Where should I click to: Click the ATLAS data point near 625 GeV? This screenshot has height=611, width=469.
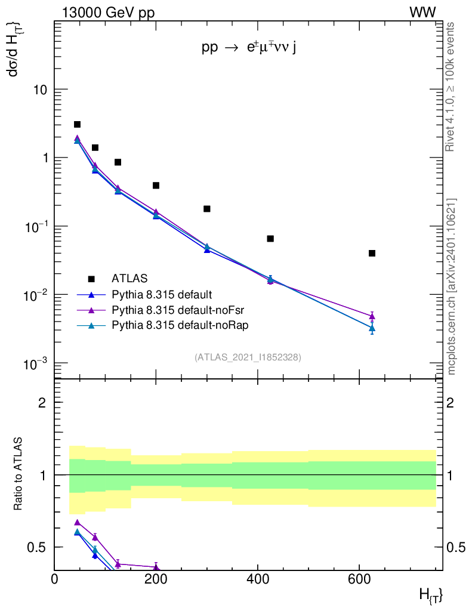(x=372, y=253)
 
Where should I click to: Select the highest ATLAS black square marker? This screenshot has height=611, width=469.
(x=77, y=124)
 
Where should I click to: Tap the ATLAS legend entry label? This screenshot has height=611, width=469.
(x=129, y=278)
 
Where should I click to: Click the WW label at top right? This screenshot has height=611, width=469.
(x=422, y=13)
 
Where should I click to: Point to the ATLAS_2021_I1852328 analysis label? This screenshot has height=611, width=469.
(x=248, y=357)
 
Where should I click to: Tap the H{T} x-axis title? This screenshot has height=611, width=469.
(x=431, y=595)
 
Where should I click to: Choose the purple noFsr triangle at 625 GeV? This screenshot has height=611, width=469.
(x=372, y=316)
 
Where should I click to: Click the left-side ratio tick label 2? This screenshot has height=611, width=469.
(x=42, y=403)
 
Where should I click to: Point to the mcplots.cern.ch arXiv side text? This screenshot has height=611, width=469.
(x=452, y=286)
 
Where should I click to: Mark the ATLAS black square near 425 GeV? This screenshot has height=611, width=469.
(x=270, y=239)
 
